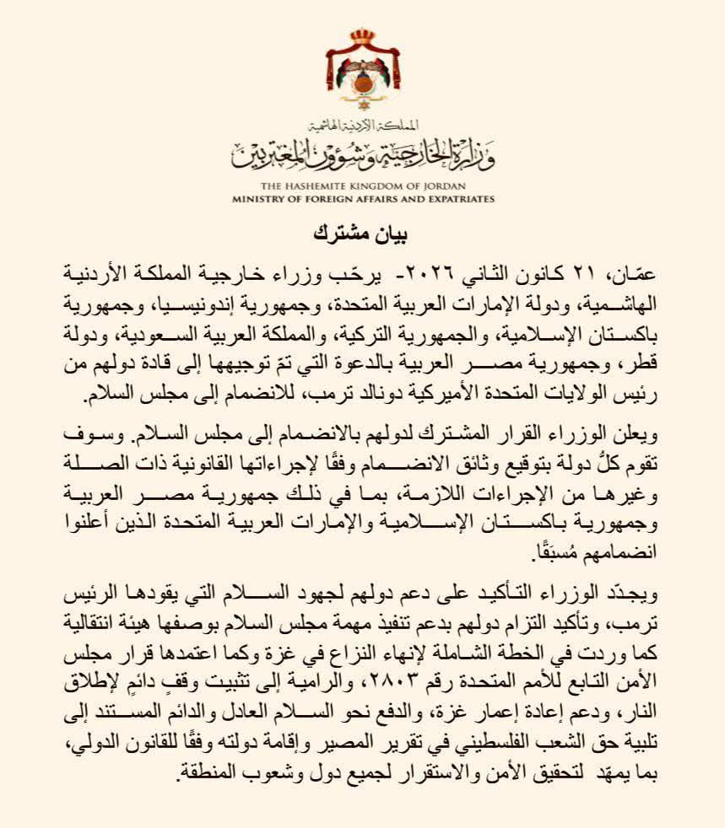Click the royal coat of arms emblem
pos(362,73)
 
